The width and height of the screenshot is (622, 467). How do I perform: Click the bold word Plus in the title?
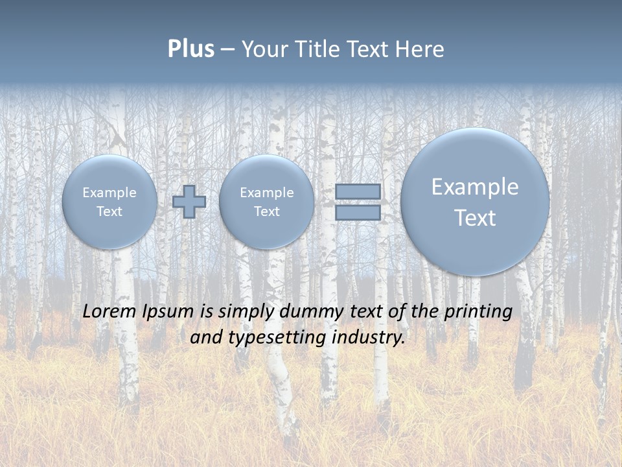190,49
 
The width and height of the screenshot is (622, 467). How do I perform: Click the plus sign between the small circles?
189,202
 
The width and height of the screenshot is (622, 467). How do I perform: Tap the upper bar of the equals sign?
358,191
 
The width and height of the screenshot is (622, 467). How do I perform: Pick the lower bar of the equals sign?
358,213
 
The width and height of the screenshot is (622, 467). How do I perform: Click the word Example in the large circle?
475,187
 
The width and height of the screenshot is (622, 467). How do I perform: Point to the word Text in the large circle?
475,218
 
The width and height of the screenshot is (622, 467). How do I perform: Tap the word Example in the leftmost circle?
109,193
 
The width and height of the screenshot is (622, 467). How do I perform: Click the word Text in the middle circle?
266,211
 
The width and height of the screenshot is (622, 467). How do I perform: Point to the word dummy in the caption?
308,312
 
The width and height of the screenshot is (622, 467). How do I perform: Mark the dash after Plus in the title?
227,49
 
